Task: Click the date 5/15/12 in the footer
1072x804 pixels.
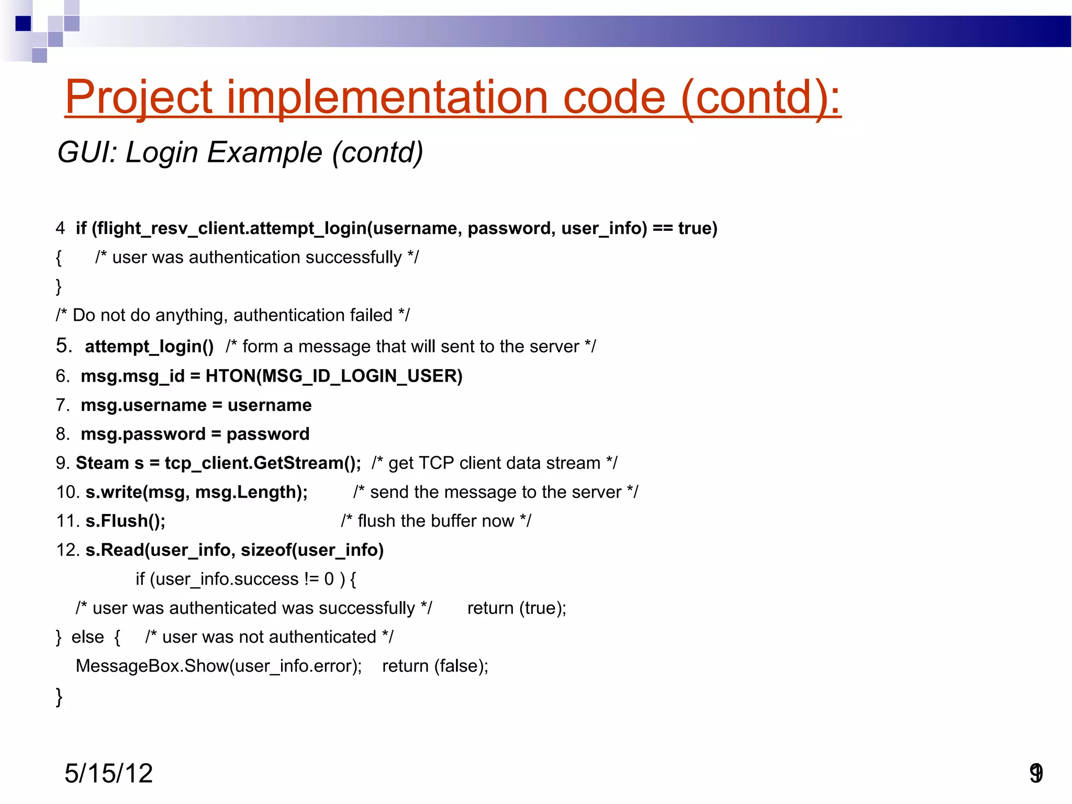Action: [x=108, y=773]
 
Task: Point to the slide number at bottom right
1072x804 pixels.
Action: [x=1036, y=773]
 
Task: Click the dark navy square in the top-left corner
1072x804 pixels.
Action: [x=23, y=24]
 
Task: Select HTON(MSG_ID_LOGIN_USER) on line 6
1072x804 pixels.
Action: [x=334, y=376]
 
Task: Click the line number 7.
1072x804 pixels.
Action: [x=62, y=405]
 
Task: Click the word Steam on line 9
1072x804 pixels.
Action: [x=102, y=463]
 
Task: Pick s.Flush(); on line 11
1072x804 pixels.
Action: [x=126, y=521]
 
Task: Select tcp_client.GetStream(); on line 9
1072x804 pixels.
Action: [x=263, y=463]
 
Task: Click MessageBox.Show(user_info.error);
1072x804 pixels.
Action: [x=219, y=666]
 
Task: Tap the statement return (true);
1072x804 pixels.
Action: [x=517, y=608]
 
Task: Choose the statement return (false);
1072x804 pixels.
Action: [x=435, y=666]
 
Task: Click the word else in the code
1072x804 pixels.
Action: [x=87, y=637]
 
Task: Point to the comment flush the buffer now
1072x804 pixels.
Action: [x=436, y=521]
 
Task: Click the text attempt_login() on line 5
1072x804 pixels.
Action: [x=149, y=347]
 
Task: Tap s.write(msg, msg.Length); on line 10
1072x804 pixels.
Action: [x=197, y=492]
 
